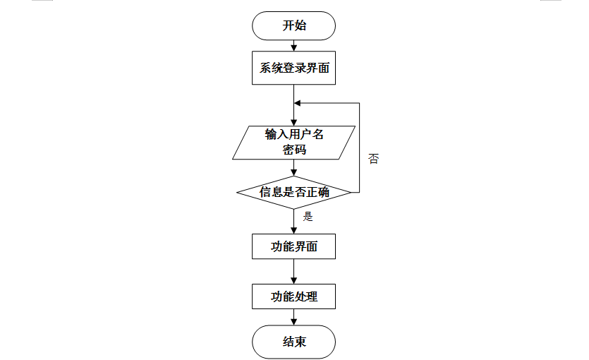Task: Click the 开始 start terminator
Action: pos(293,26)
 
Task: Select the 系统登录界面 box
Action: pos(293,68)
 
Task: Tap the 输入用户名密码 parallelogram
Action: pos(293,142)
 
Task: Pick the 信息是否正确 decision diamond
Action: pos(293,192)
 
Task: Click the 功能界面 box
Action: pos(293,247)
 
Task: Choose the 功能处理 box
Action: pos(293,296)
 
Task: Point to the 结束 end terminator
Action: pos(293,342)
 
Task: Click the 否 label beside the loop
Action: pos(374,159)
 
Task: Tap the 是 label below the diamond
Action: pos(308,217)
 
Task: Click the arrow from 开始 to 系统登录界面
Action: pos(293,46)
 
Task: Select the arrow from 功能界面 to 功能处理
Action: pos(293,272)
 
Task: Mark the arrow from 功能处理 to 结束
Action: pos(293,318)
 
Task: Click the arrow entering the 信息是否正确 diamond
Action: pos(293,168)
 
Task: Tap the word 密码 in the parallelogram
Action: pos(294,150)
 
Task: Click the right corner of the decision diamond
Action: pos(350,192)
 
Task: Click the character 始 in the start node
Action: pos(301,26)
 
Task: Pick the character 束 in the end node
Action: pos(301,342)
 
